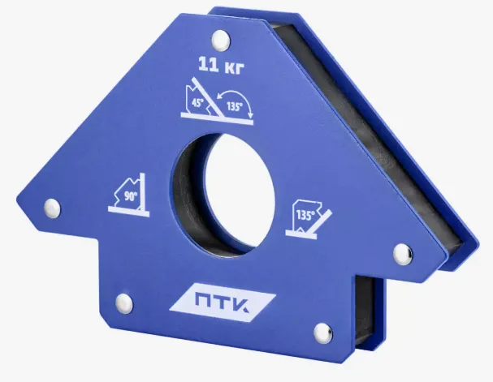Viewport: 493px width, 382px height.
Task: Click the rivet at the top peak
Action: pos(221,40)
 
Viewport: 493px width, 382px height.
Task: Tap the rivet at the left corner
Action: pos(52,208)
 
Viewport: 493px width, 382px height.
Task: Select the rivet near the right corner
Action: pos(404,253)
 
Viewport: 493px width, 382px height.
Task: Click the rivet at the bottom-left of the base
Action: pos(124,303)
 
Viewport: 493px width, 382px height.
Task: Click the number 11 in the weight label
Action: pos(209,65)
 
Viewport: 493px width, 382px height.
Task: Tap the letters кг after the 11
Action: pos(235,67)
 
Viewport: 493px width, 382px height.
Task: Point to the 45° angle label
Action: pos(197,102)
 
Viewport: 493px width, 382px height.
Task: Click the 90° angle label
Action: pos(130,196)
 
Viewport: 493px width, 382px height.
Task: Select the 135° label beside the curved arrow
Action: pos(235,107)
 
